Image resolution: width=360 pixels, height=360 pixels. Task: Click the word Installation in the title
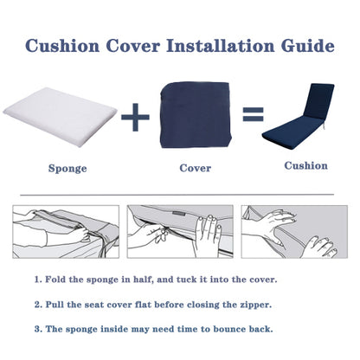(x=222, y=45)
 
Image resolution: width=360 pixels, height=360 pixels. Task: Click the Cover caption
(x=195, y=168)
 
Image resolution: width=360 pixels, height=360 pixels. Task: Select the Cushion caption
(x=305, y=165)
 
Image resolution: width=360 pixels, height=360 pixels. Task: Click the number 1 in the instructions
(x=38, y=280)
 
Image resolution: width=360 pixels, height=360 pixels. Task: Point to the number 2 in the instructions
(x=38, y=305)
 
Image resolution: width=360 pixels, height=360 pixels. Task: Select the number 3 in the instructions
(x=38, y=329)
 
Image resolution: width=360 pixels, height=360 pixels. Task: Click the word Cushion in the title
(x=63, y=45)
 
